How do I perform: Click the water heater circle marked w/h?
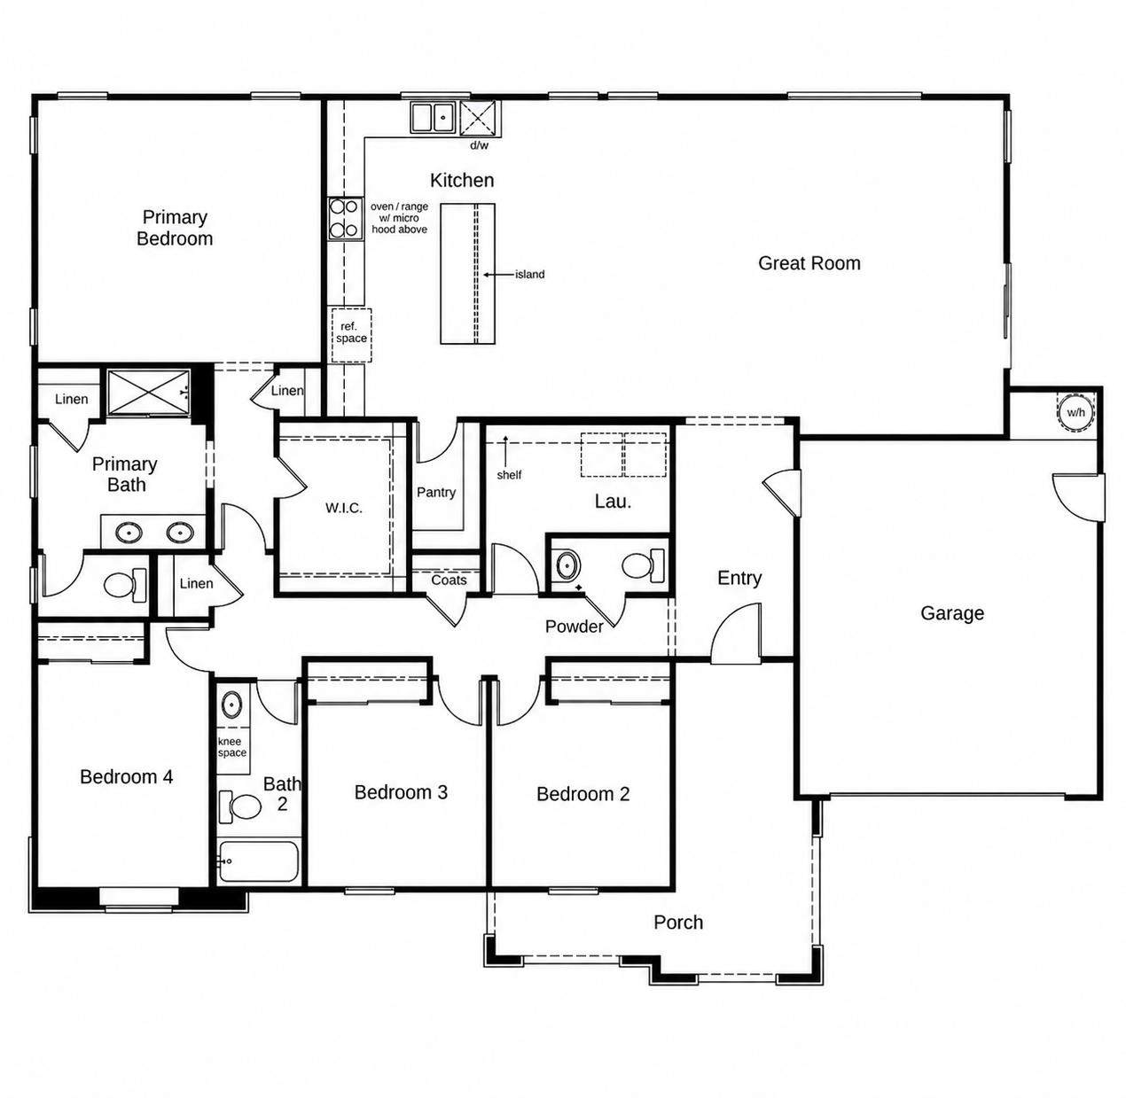coord(1075,412)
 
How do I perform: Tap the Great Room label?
coord(809,264)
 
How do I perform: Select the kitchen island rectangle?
coord(467,274)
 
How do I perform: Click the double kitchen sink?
coord(432,118)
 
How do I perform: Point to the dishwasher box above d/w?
coord(481,119)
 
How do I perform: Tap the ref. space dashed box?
coord(351,336)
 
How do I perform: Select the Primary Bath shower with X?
coord(149,393)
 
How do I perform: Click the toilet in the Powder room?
coord(643,565)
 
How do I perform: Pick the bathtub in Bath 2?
coord(258,861)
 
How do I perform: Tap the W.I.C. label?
coord(344,509)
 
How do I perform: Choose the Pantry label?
coord(436,493)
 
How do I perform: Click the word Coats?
coord(449,580)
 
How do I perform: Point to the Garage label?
coord(952,613)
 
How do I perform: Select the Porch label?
coord(678,923)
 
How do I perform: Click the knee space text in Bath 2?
coord(232,747)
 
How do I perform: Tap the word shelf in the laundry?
coord(509,475)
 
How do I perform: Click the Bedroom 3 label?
coord(401,792)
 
